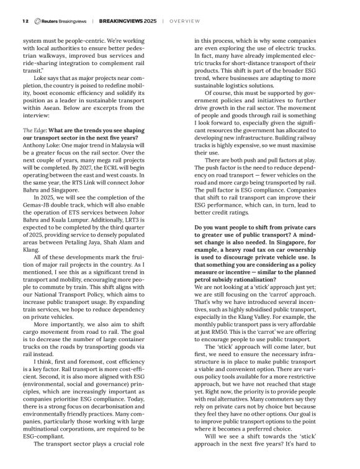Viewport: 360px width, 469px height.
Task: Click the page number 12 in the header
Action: click(25, 20)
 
